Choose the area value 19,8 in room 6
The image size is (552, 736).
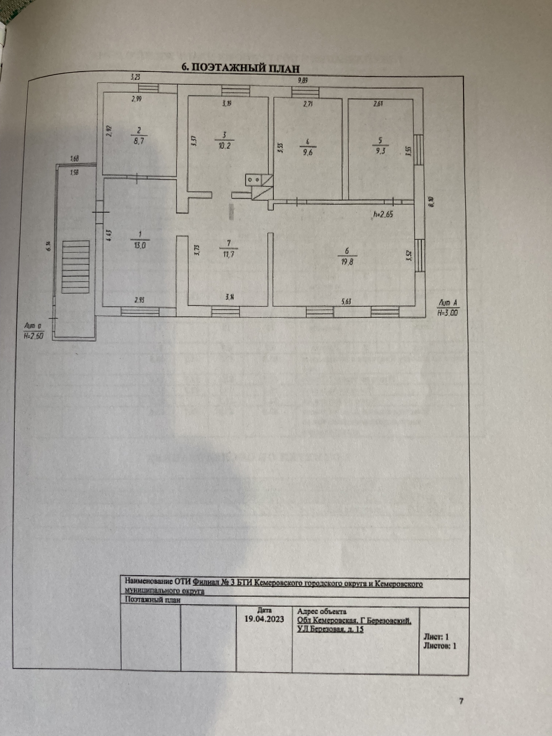click(347, 261)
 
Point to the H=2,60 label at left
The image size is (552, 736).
click(34, 336)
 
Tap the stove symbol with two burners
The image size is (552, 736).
click(254, 180)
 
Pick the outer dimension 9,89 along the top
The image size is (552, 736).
click(303, 80)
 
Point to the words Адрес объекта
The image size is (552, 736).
click(322, 611)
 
